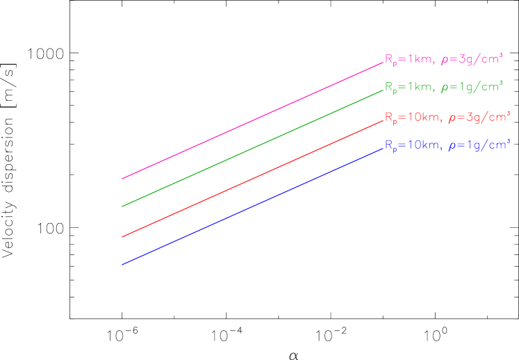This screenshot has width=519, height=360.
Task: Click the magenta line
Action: (x=252, y=120)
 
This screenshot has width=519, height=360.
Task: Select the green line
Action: (x=252, y=148)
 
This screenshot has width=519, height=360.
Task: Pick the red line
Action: (x=252, y=179)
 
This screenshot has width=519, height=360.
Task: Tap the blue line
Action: (x=252, y=206)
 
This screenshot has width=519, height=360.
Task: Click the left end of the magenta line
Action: (x=122, y=179)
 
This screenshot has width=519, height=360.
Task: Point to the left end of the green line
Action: (x=122, y=206)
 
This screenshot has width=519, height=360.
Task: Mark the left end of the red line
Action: (x=122, y=237)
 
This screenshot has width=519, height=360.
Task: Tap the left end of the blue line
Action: (x=122, y=264)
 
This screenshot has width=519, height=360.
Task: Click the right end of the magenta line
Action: (x=383, y=62)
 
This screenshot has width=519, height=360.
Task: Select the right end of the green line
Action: (x=383, y=90)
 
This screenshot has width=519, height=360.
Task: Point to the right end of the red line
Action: (x=383, y=120)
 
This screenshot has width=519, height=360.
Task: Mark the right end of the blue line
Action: (x=383, y=148)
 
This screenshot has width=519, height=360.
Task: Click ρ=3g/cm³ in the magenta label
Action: (x=472, y=60)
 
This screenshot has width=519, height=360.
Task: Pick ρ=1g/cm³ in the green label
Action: (x=472, y=88)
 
